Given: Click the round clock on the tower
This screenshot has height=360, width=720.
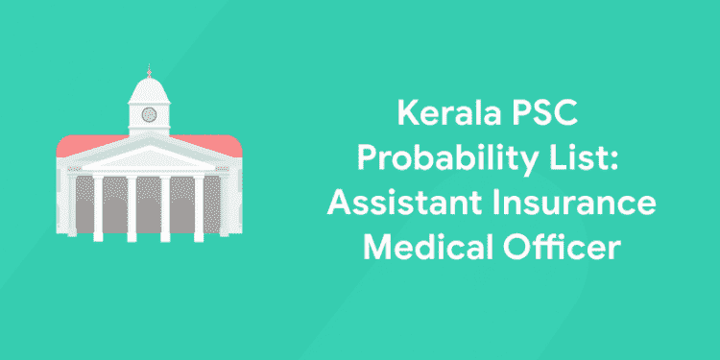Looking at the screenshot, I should click(x=149, y=114).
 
